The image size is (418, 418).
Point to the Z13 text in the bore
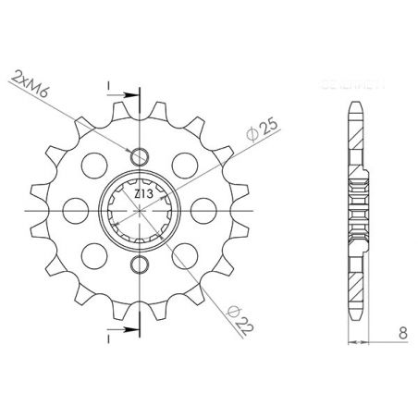tap(139, 195)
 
